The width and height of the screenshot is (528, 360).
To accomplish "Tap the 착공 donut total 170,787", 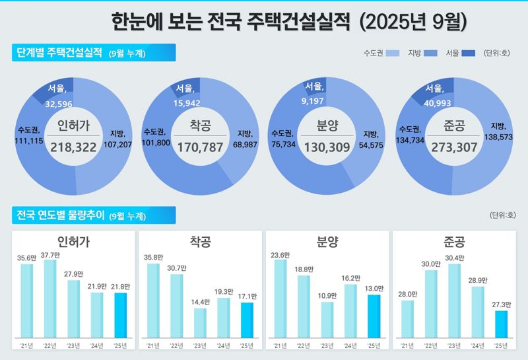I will click(x=200, y=148).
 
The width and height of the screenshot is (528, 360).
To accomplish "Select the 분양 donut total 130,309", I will click(x=326, y=148).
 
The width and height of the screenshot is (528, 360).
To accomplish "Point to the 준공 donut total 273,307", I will click(x=453, y=148).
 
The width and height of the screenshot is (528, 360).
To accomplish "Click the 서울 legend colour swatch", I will click(x=469, y=53).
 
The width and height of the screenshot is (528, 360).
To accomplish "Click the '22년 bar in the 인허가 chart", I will click(x=49, y=301).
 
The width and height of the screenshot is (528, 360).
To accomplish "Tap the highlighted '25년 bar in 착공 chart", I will click(x=247, y=322).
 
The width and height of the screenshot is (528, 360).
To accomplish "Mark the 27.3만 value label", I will click(x=502, y=305).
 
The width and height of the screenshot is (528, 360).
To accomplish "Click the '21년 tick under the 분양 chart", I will click(x=280, y=345).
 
